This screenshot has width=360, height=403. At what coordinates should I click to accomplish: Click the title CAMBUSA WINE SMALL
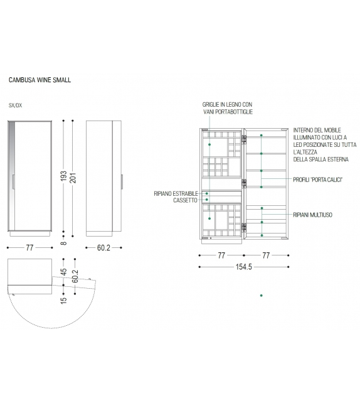[40, 80]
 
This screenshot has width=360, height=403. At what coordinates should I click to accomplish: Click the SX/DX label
[16, 105]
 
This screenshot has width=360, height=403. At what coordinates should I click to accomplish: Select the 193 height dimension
[64, 176]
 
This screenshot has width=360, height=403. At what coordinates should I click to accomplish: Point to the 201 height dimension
[73, 177]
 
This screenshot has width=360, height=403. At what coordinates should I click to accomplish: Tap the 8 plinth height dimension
[64, 243]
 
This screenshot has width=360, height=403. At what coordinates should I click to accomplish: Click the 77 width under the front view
[29, 247]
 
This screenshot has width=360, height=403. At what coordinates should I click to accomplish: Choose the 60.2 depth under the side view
[103, 247]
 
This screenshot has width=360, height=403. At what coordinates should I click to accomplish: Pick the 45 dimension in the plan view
[64, 272]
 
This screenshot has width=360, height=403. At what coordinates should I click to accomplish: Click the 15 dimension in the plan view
[64, 299]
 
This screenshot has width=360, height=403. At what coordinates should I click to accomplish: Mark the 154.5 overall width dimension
[244, 267]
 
